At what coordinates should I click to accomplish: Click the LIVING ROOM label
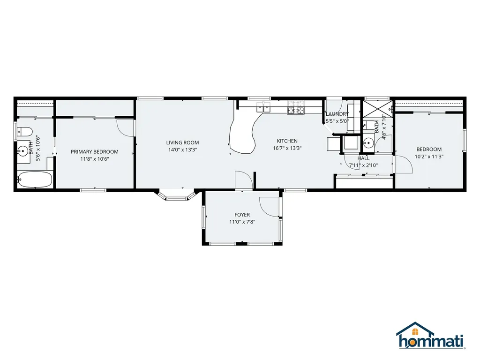pos(182,142)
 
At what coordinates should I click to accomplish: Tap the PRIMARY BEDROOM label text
pos(95,152)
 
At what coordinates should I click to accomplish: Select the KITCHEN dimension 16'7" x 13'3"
pos(287,148)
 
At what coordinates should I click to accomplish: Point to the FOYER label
pos(242,215)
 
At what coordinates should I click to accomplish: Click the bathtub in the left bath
pos(35,179)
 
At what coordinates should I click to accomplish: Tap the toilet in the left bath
pos(25,132)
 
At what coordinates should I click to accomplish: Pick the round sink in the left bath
pos(22,150)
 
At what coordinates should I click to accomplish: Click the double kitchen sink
pos(263,107)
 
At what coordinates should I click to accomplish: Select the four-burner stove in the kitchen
pos(296,108)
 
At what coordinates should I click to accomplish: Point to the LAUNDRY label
pos(337,114)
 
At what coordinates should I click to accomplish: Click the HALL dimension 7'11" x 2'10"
pos(363,165)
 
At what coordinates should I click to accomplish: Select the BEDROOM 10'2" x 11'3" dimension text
pos(429,157)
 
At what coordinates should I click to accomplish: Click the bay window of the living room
pos(176,196)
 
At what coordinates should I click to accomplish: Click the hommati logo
pos(430,336)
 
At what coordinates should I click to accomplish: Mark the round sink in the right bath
pos(369,142)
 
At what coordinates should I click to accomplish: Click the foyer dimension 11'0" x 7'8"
pos(242,222)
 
